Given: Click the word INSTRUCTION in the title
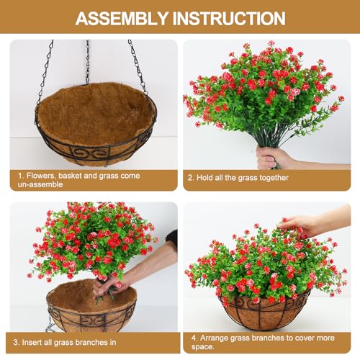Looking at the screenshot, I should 228,18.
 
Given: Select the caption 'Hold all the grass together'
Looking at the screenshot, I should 241,177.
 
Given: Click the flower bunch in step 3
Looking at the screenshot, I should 90,241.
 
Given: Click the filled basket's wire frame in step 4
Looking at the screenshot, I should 266,313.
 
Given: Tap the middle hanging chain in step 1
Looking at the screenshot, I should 89,61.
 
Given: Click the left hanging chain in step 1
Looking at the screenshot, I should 45,72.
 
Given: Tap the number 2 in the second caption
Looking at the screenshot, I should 190,177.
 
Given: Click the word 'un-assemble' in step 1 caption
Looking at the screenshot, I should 40,184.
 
